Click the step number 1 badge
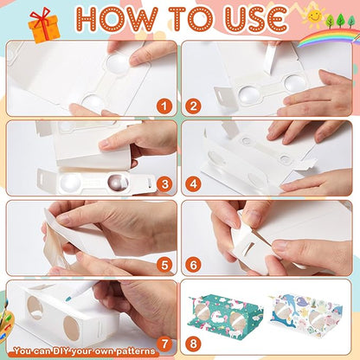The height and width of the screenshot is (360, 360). [x=164, y=106]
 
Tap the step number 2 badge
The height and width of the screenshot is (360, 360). [x=193, y=106]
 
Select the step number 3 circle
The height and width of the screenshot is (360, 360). [x=164, y=183]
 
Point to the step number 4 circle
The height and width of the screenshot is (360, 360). [x=193, y=183]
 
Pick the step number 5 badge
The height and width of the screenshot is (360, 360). [x=164, y=265]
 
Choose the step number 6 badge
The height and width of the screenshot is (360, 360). [x=193, y=265]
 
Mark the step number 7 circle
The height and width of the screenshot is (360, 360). [x=164, y=344]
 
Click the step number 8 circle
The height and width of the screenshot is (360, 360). [x=193, y=344]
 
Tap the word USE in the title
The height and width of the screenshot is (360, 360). [x=255, y=20]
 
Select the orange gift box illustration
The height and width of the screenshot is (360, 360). [x=44, y=26]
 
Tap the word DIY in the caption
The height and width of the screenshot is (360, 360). [x=61, y=351]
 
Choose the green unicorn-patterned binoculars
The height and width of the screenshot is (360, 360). [x=225, y=315]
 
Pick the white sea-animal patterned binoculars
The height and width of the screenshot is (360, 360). [x=306, y=316]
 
